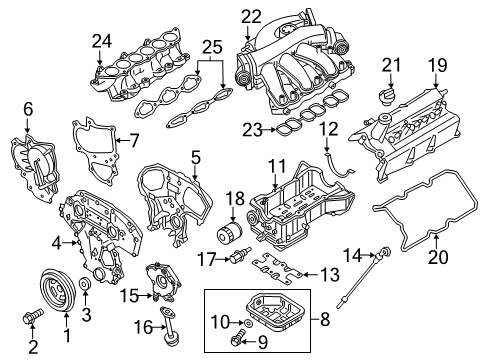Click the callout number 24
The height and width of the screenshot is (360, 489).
pyautogui.click(x=100, y=42)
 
